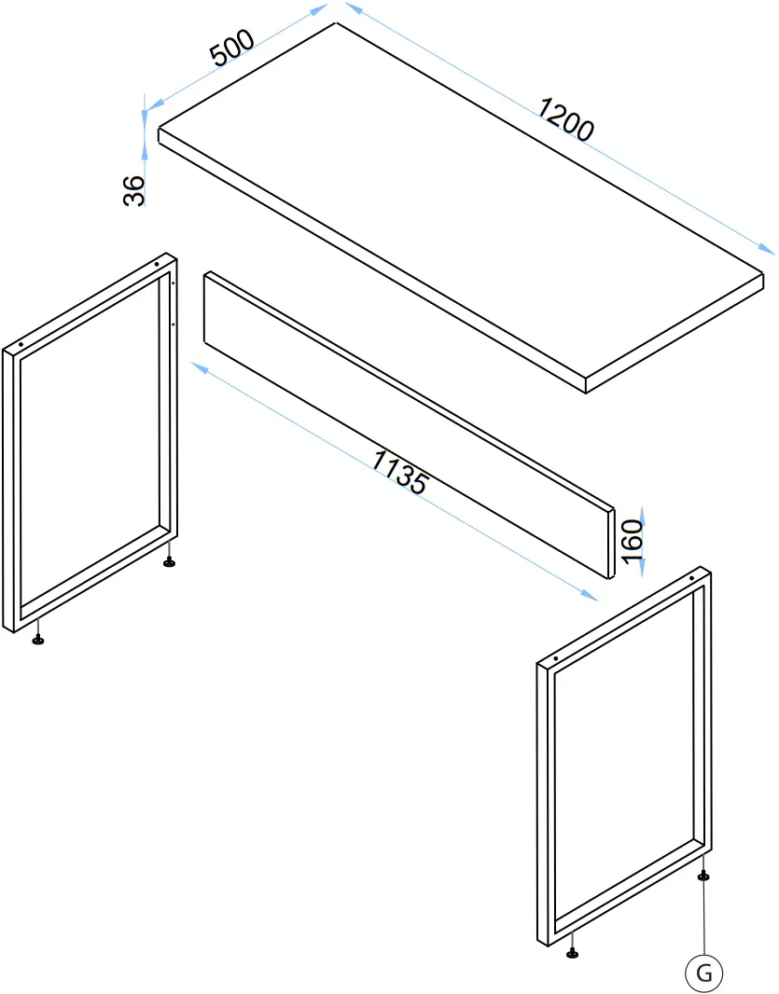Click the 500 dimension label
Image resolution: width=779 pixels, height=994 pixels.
(x=232, y=47)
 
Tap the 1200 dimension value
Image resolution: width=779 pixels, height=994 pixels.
(x=566, y=118)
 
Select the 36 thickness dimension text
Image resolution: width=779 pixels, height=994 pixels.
(x=133, y=191)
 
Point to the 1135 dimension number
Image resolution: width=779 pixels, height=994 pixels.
(x=399, y=472)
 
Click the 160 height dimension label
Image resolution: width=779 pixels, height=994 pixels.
(x=633, y=542)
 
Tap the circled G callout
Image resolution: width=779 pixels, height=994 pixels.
(x=704, y=972)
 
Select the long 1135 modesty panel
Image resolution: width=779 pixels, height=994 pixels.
(x=410, y=424)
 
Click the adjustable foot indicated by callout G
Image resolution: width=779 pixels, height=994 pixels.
(x=702, y=876)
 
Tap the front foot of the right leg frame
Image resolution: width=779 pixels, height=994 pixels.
(x=572, y=951)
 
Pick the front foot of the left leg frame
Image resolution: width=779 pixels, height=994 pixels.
(x=38, y=641)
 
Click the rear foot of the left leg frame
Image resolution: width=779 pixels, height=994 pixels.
(x=170, y=561)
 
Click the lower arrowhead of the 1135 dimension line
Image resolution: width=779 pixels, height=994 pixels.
(x=590, y=595)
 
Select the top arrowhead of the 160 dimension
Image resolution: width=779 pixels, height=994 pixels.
(x=643, y=514)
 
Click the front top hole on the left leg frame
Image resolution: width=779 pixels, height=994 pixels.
(x=21, y=345)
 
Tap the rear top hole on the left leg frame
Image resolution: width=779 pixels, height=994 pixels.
(x=157, y=264)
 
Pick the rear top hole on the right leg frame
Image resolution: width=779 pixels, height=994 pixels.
(x=690, y=578)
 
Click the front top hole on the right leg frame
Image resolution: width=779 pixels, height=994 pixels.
(x=556, y=658)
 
